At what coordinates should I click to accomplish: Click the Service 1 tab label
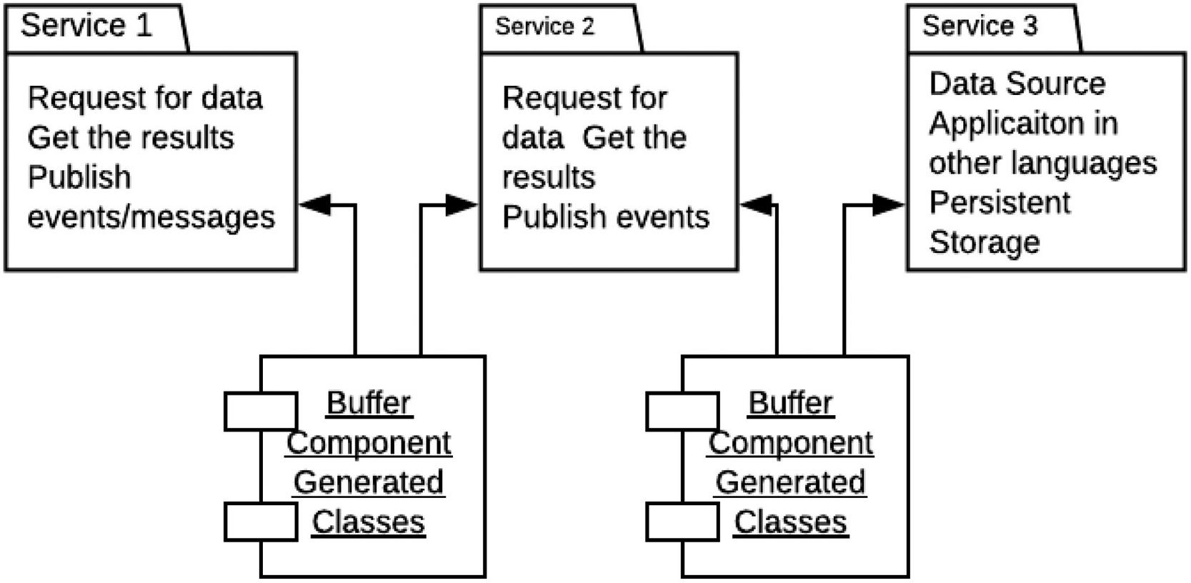click(x=86, y=26)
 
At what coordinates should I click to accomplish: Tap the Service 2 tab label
click(x=544, y=26)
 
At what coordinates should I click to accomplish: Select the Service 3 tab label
click(x=980, y=26)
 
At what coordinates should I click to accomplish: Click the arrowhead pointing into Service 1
click(x=315, y=205)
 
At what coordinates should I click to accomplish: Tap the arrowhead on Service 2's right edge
click(x=756, y=205)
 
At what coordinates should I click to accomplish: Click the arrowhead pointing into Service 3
click(x=889, y=205)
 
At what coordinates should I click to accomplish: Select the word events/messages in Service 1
click(x=151, y=217)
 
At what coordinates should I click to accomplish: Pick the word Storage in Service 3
click(x=985, y=243)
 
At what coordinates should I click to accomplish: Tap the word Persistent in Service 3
click(x=1000, y=203)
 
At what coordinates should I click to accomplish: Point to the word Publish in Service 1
click(x=79, y=177)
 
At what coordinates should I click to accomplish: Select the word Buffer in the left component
click(x=369, y=403)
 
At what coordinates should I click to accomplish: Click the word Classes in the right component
click(x=791, y=522)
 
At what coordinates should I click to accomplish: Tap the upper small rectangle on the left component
click(x=261, y=412)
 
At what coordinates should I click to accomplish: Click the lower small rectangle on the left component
click(x=261, y=522)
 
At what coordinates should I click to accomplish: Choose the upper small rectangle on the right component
click(x=683, y=412)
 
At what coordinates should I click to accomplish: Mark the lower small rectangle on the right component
click(x=683, y=522)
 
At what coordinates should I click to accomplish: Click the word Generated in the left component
click(x=369, y=482)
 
